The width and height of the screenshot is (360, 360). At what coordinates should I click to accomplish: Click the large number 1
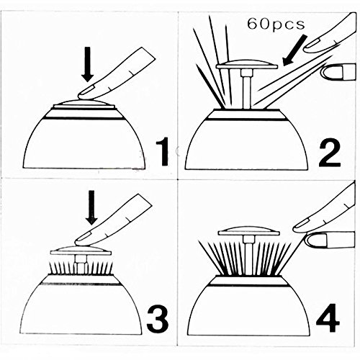(163, 152)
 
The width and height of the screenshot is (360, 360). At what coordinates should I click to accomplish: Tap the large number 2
(329, 152)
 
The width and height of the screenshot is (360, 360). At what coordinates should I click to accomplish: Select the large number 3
(158, 319)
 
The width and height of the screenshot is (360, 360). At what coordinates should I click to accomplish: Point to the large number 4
(328, 318)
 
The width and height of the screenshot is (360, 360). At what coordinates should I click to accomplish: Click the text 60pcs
(276, 24)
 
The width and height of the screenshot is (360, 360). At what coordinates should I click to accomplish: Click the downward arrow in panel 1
(88, 64)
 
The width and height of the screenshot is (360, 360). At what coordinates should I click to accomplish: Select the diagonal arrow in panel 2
(294, 50)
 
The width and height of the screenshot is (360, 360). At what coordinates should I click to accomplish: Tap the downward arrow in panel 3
(91, 207)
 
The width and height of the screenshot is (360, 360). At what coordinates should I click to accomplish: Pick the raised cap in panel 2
(247, 63)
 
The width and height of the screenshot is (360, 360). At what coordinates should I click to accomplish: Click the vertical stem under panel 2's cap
(247, 89)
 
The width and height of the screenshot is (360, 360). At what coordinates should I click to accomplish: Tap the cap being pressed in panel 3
(81, 250)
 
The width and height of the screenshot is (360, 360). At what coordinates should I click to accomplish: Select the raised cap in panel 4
(249, 231)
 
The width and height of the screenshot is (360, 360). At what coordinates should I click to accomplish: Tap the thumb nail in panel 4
(316, 240)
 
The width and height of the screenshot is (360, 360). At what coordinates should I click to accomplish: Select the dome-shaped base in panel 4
(249, 306)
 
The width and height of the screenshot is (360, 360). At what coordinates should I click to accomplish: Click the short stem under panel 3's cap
(81, 264)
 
